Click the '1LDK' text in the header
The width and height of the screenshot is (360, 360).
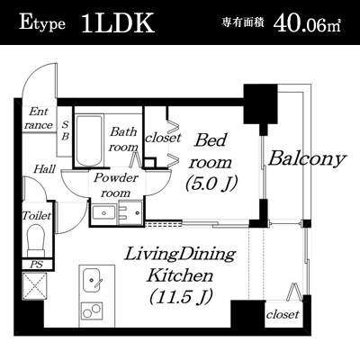point(118,23)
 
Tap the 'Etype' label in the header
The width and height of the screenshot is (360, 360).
point(42,23)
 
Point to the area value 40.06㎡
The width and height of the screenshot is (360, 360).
point(307,23)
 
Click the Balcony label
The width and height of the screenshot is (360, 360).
point(307,158)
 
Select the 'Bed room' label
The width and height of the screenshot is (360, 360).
point(211,151)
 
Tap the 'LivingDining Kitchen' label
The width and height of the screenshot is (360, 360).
point(180,265)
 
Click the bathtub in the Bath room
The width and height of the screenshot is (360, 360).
point(89,140)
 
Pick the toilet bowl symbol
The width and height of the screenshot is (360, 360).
point(36,240)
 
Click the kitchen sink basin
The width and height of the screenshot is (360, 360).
point(92,279)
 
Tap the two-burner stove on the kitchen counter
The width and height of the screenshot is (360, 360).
point(91,310)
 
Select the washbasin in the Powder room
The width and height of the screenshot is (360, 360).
point(103,212)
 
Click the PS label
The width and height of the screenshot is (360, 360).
point(37,265)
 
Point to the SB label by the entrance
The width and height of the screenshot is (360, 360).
point(65,130)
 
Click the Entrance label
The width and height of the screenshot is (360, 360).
point(39,119)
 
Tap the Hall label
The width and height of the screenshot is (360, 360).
point(44,169)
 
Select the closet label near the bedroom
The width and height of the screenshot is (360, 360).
point(163,138)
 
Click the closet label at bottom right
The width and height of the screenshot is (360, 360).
point(283,314)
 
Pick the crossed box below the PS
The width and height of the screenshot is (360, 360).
point(34,286)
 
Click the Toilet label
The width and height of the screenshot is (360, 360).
point(37,215)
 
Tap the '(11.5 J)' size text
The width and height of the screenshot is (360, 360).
point(181,296)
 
